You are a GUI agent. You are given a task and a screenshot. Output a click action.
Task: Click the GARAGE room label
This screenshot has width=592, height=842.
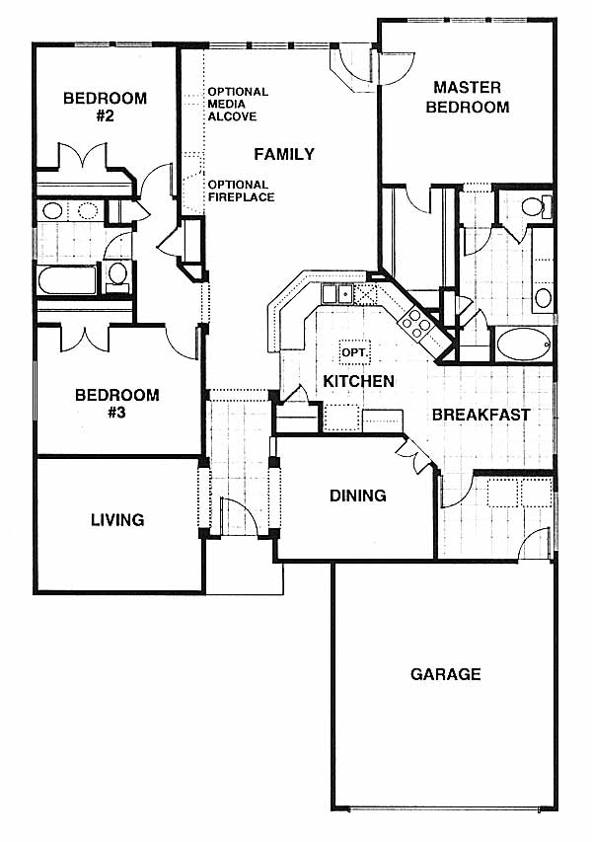[445, 674]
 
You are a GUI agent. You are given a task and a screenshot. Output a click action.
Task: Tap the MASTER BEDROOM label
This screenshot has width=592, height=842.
[468, 97]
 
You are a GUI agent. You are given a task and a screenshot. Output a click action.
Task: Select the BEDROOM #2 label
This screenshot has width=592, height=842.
[106, 107]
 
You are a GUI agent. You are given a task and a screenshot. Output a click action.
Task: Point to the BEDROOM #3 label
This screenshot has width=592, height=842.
[117, 404]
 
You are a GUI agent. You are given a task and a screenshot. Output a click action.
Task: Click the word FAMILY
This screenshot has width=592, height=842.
[284, 155]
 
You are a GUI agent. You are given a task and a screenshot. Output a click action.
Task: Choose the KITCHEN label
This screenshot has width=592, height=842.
[358, 381]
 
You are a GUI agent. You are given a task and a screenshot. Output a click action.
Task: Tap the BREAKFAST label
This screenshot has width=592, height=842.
[481, 415]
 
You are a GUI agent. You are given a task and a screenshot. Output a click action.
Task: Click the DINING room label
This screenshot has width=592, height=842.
[357, 496]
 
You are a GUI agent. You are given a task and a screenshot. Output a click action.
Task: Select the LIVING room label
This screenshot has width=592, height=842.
[117, 520]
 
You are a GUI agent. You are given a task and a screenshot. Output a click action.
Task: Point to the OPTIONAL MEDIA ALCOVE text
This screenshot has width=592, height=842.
[238, 105]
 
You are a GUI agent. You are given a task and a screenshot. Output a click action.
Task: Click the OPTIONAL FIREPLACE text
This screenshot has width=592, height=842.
[241, 191]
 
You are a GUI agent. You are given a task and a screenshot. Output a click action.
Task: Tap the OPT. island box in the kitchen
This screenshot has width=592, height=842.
[355, 352]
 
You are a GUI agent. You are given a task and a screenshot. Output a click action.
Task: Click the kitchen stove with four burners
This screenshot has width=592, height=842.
[417, 325]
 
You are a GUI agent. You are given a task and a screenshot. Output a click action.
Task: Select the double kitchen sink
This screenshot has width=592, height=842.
[336, 294]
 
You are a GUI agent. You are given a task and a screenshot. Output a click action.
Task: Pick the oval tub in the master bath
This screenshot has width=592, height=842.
[523, 344]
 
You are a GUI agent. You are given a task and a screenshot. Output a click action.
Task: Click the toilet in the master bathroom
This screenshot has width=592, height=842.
[536, 206]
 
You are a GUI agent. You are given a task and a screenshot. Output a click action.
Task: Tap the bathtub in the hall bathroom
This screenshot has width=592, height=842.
[67, 279]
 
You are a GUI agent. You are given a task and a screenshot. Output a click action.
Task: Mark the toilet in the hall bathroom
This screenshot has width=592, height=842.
[117, 275]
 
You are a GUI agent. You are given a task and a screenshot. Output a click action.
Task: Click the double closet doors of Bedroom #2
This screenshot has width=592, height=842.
[82, 157]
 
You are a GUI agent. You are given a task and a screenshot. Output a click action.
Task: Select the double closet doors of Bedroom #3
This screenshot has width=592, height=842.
[85, 338]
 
